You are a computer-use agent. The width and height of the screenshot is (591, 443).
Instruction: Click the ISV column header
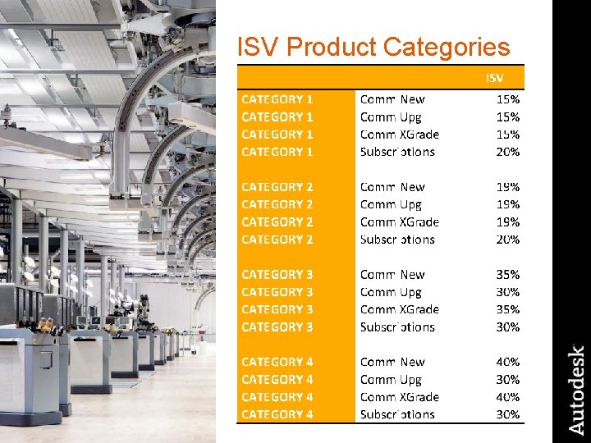click(x=495, y=77)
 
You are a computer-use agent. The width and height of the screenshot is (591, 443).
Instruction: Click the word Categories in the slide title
click(x=447, y=47)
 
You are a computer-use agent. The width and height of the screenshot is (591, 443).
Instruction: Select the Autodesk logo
click(x=577, y=390)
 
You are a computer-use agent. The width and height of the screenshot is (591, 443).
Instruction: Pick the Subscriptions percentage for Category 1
click(x=508, y=152)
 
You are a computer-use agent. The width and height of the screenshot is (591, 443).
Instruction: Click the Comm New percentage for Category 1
click(x=508, y=99)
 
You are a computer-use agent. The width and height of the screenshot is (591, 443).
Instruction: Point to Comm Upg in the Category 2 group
click(x=391, y=204)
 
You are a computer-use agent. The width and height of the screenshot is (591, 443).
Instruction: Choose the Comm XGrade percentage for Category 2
click(x=508, y=221)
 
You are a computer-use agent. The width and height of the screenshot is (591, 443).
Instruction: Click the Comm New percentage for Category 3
click(x=508, y=274)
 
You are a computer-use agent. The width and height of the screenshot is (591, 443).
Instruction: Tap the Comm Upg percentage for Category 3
click(x=508, y=292)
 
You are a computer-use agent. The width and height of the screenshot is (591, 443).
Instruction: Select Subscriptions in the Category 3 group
click(x=397, y=327)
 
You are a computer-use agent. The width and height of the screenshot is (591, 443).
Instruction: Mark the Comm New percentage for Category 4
click(x=508, y=362)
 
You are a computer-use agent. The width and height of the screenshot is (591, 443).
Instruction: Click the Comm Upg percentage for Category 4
click(x=508, y=380)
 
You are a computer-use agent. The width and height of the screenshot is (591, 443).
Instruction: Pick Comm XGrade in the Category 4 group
click(x=400, y=397)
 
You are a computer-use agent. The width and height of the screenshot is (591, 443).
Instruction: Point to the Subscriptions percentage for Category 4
click(x=508, y=414)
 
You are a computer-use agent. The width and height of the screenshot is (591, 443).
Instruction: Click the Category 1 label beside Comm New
click(x=277, y=99)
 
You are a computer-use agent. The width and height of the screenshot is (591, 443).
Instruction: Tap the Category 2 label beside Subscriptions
click(x=277, y=240)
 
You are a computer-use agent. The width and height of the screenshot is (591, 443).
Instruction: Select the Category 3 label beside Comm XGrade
click(x=277, y=309)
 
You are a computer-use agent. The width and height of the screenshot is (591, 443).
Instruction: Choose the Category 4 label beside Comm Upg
click(x=277, y=380)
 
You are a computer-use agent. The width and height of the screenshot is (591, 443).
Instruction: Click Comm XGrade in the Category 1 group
click(x=400, y=135)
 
